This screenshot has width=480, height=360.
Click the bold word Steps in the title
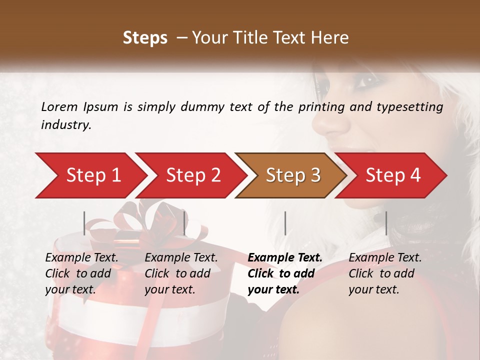coord(145,37)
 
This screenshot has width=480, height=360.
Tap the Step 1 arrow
coord(90,175)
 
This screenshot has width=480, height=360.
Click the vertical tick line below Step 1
coord(84,223)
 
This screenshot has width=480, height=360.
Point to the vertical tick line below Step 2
coord(184,223)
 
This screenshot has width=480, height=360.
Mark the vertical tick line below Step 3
coord(285,223)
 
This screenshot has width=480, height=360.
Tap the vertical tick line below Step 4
coord(386,223)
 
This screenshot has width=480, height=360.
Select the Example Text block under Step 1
coord(81,273)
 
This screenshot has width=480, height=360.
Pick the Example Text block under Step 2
coord(181,273)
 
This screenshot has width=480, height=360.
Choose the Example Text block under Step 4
coord(385,273)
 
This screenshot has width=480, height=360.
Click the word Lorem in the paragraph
coord(59,106)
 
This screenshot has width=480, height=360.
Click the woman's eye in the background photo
coord(368,79)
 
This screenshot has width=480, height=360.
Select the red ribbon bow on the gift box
coord(150,220)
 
